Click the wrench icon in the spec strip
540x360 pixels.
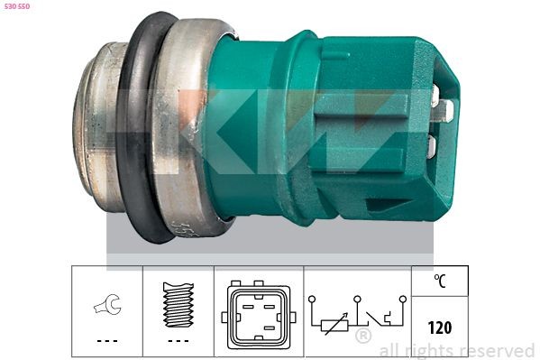[106, 308]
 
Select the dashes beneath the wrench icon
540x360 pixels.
[106, 340]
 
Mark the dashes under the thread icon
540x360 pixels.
[178, 340]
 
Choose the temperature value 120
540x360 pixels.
[440, 328]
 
